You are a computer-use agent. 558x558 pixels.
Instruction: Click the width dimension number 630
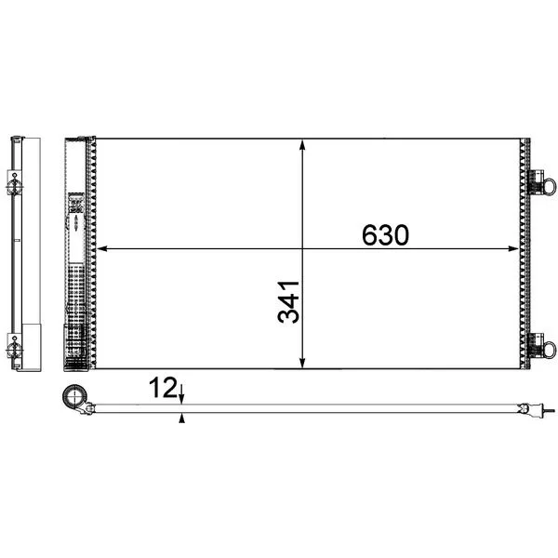385,235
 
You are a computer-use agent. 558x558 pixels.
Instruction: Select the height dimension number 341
288,302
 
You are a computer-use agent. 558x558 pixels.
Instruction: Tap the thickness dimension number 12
163,388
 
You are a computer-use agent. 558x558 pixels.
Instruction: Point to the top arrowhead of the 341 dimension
302,145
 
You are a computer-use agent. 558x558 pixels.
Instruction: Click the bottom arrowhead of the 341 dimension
302,363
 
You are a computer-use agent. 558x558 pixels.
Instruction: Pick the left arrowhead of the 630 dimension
102,248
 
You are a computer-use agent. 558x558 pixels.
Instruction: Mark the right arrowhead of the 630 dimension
513,248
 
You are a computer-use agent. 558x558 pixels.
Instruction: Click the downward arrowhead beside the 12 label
182,399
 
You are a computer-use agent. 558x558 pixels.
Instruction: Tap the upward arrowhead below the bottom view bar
182,418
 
